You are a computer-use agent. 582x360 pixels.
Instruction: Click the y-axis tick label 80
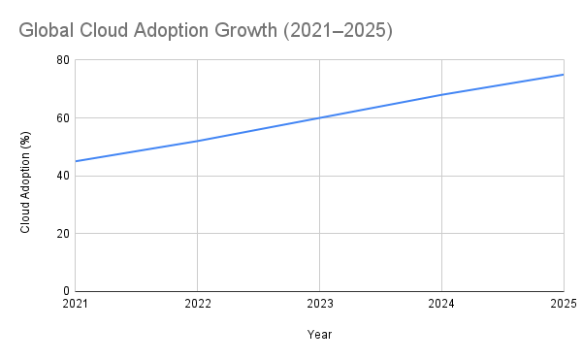[x=63, y=60]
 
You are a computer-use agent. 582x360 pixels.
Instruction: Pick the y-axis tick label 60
[x=63, y=118]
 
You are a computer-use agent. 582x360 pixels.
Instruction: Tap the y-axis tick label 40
[x=63, y=176]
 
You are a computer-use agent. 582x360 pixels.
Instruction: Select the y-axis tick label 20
[x=63, y=234]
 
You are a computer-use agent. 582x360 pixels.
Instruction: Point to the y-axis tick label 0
[x=66, y=291]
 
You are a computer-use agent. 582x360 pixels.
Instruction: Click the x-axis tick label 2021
[x=75, y=305]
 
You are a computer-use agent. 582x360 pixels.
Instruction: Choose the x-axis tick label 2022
[x=197, y=305]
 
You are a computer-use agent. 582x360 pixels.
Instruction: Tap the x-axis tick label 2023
[x=319, y=305]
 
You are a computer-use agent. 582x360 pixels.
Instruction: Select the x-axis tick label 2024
[x=441, y=305]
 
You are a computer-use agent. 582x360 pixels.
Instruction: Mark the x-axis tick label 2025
[x=563, y=305]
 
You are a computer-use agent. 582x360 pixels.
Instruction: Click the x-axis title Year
[x=319, y=335]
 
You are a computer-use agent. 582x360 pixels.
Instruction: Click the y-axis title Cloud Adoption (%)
[x=26, y=176]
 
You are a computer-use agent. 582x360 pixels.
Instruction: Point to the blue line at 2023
[x=319, y=117]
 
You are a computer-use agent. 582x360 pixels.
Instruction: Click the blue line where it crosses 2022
[x=197, y=141]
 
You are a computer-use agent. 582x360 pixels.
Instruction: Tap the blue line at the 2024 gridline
[x=441, y=94]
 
